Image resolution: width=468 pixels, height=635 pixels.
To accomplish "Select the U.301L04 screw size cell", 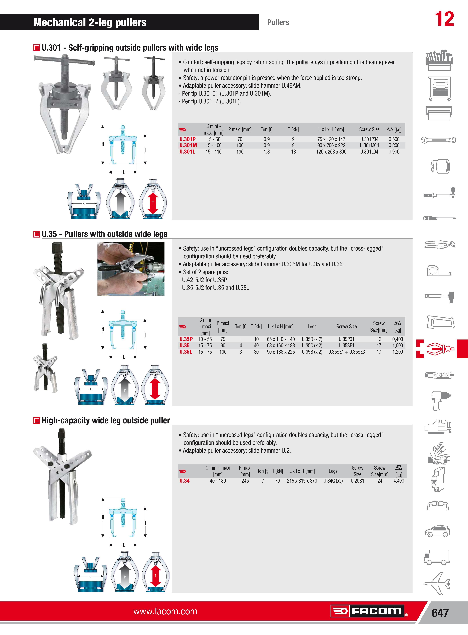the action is click(369, 152).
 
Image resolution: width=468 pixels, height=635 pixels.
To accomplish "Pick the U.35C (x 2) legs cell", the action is click(312, 345).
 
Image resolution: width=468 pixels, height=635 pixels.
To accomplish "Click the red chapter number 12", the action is click(444, 19).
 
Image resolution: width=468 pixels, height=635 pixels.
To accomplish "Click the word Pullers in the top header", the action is click(278, 22).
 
